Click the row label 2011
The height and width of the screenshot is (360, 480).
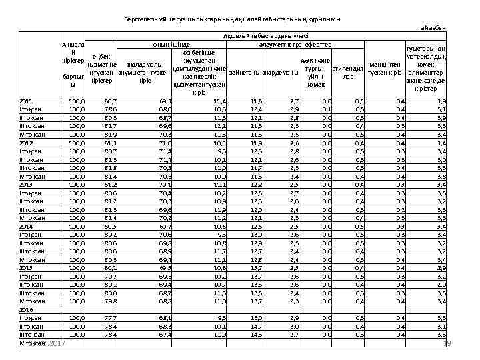pos(27,101)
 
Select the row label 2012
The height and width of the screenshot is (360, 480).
pos(27,143)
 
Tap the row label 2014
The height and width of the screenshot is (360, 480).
pos(27,226)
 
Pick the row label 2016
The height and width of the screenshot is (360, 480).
pos(27,310)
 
